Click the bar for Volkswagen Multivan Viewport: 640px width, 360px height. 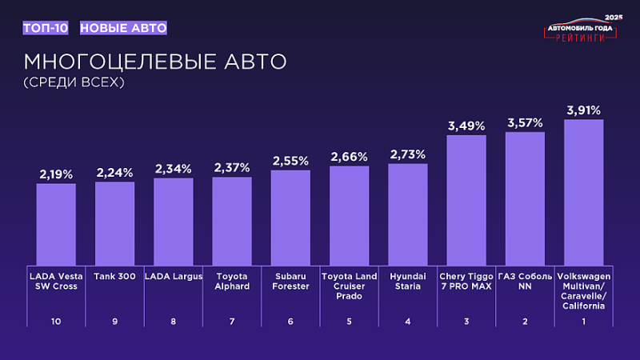(583, 192)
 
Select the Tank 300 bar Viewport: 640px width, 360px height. (114, 223)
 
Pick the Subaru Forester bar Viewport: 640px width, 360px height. (290, 217)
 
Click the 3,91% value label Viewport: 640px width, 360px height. (583, 110)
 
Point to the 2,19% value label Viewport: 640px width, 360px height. (56, 174)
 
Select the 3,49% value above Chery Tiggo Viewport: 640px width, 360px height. (466, 126)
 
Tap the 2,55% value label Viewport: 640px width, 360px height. (290, 161)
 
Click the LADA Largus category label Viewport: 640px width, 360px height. (174, 276)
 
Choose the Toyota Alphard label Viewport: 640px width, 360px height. (232, 281)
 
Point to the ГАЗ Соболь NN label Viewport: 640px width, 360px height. (525, 281)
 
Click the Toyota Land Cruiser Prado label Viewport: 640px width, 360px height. (349, 286)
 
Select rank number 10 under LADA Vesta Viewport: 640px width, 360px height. (56, 321)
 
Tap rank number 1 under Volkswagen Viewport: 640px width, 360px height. (583, 321)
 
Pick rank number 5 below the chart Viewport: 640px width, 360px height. (349, 321)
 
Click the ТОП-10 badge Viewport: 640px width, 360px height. (46, 28)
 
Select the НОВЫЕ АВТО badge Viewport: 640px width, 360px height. (123, 28)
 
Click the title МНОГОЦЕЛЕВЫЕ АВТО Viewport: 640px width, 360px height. (154, 62)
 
